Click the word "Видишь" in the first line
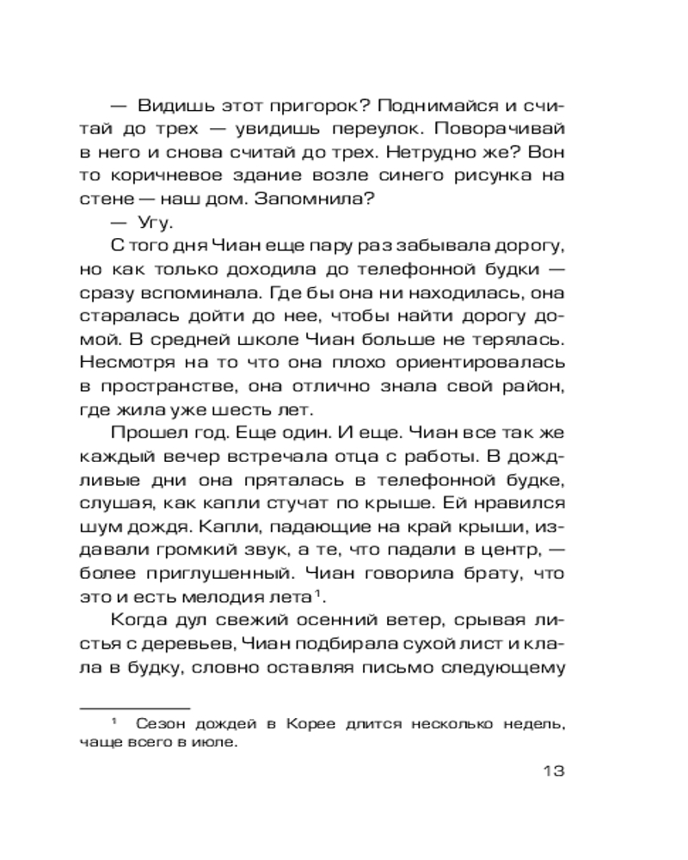point(173,107)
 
